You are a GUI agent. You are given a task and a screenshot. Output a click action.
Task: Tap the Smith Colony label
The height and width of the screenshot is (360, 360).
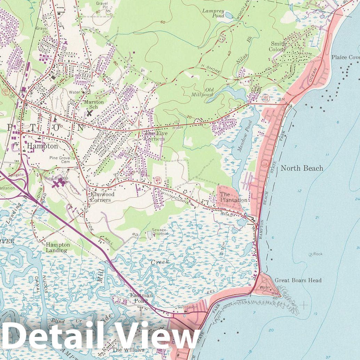[x=278, y=46]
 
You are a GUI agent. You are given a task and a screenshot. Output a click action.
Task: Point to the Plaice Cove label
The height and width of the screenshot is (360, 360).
[x=345, y=57]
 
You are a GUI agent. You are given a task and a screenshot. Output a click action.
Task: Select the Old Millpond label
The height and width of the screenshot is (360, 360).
[x=202, y=92]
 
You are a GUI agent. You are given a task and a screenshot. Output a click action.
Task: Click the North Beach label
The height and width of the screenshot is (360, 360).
[x=302, y=168]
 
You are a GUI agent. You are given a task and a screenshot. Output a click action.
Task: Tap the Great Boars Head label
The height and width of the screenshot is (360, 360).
[x=298, y=280]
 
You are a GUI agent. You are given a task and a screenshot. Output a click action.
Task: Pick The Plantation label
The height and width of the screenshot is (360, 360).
[x=234, y=197]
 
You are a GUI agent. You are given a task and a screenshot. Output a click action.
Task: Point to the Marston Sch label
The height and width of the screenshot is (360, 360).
[x=94, y=105]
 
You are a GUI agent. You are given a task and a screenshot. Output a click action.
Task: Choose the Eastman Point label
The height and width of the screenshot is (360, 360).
[x=141, y=298]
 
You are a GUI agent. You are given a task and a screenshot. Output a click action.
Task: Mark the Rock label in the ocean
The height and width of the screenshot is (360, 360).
[x=318, y=254]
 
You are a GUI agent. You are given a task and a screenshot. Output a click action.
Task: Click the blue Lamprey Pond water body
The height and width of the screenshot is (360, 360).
[x=229, y=15]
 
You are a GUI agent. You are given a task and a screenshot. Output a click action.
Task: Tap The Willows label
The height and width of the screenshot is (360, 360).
[x=123, y=350]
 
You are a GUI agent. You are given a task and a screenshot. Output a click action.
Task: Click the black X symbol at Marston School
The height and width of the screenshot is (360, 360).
[x=90, y=113]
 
